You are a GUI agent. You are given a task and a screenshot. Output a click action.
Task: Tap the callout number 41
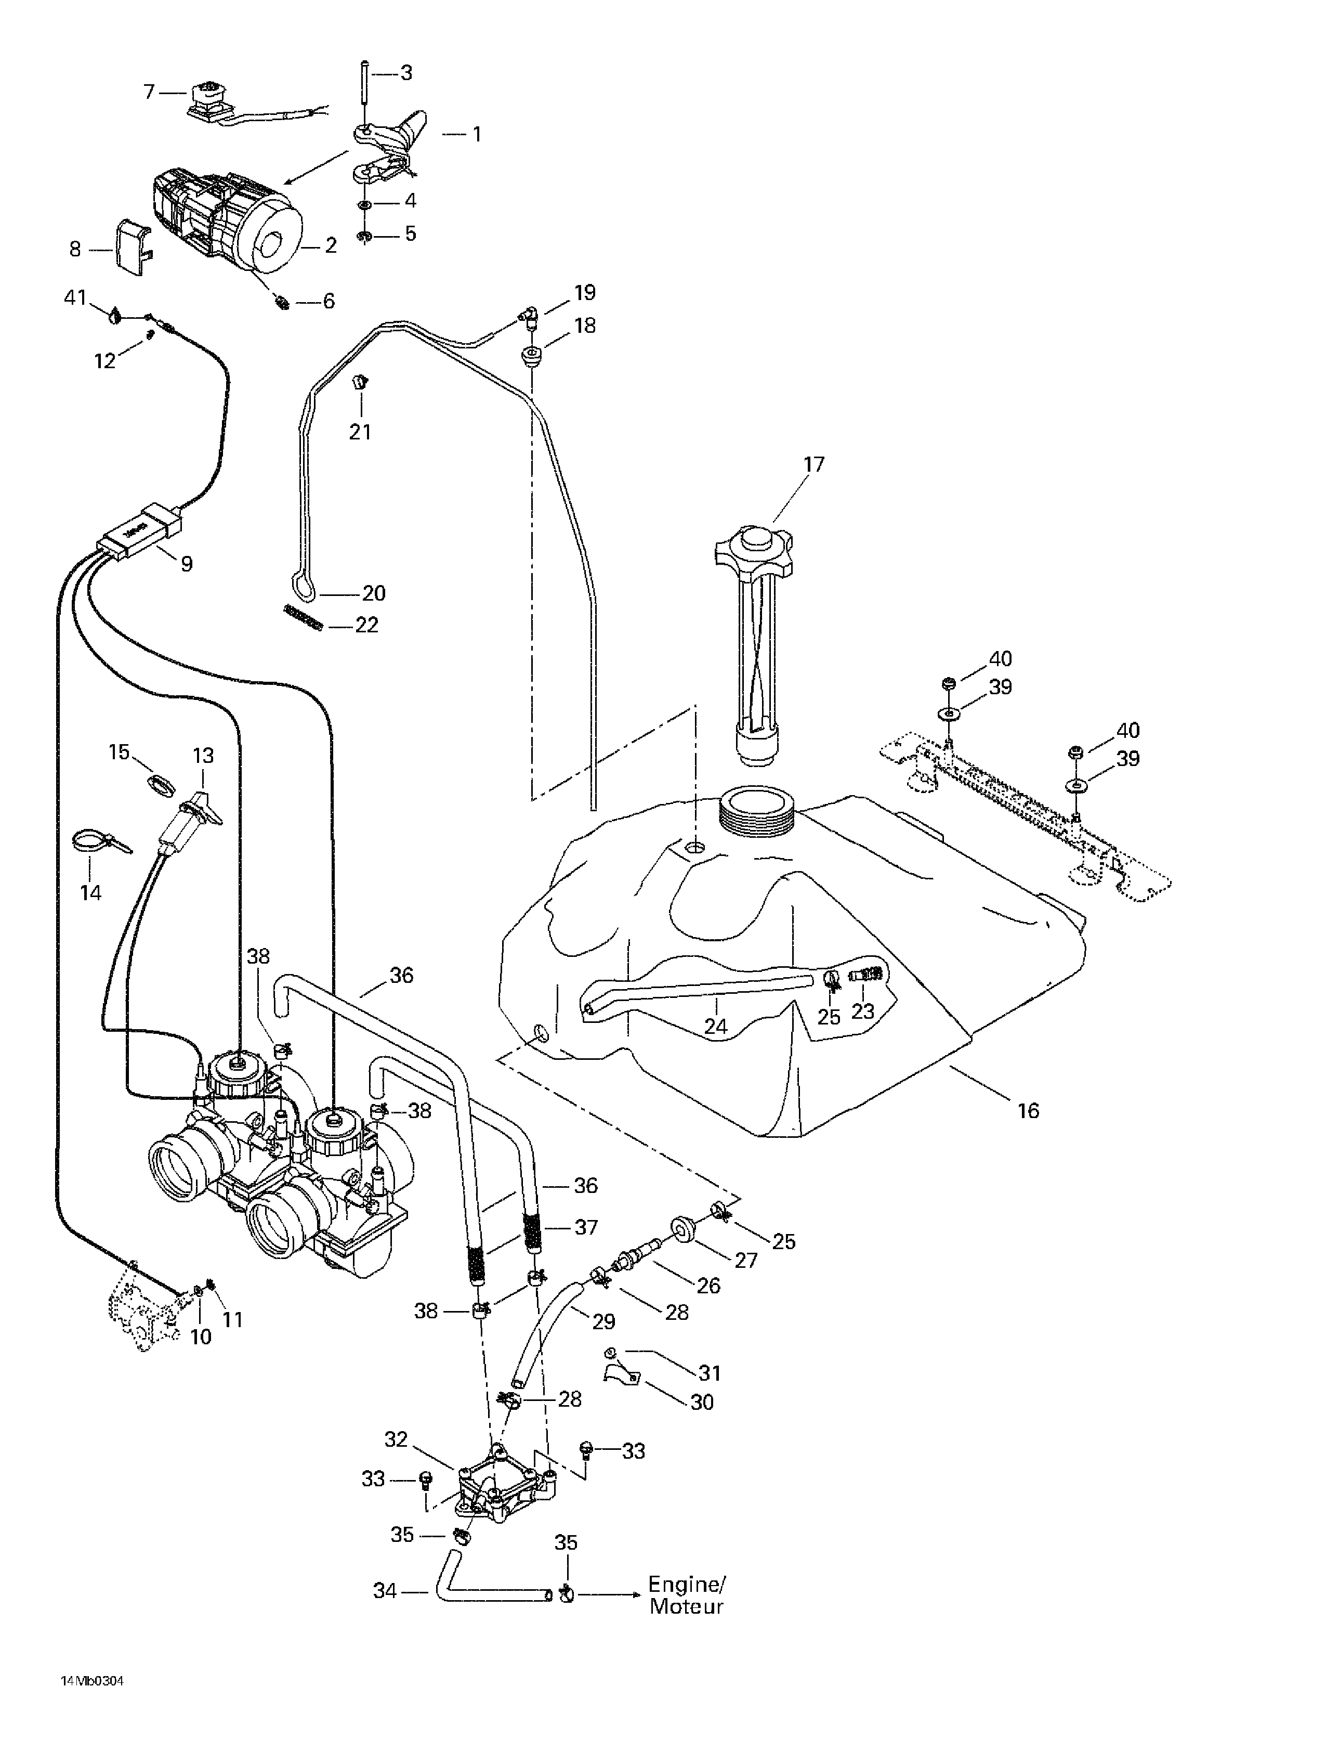coord(75,299)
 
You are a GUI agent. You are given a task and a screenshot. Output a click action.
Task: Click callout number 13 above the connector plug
coord(203,755)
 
